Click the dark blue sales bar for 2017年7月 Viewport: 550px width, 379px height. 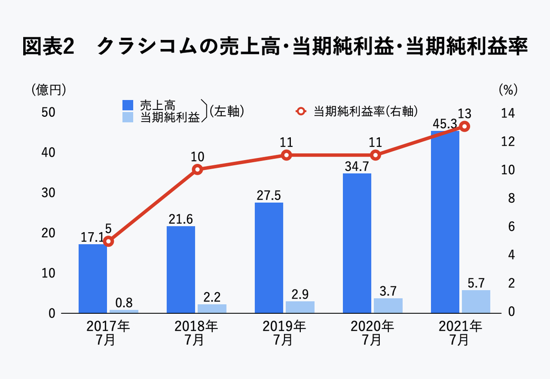click(x=93, y=278)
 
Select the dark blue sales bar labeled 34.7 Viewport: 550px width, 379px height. click(x=357, y=243)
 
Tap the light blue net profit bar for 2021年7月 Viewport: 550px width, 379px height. click(x=476, y=302)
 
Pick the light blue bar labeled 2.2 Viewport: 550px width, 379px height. click(x=212, y=308)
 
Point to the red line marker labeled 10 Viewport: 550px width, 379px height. click(x=198, y=169)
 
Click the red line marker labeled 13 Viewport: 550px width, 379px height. click(x=464, y=126)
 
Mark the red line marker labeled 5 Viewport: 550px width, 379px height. click(x=109, y=241)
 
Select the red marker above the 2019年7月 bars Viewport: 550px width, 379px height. click(x=287, y=155)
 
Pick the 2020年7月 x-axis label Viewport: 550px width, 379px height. click(x=372, y=333)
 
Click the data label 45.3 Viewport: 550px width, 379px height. click(x=445, y=124)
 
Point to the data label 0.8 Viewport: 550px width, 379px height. click(x=124, y=303)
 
